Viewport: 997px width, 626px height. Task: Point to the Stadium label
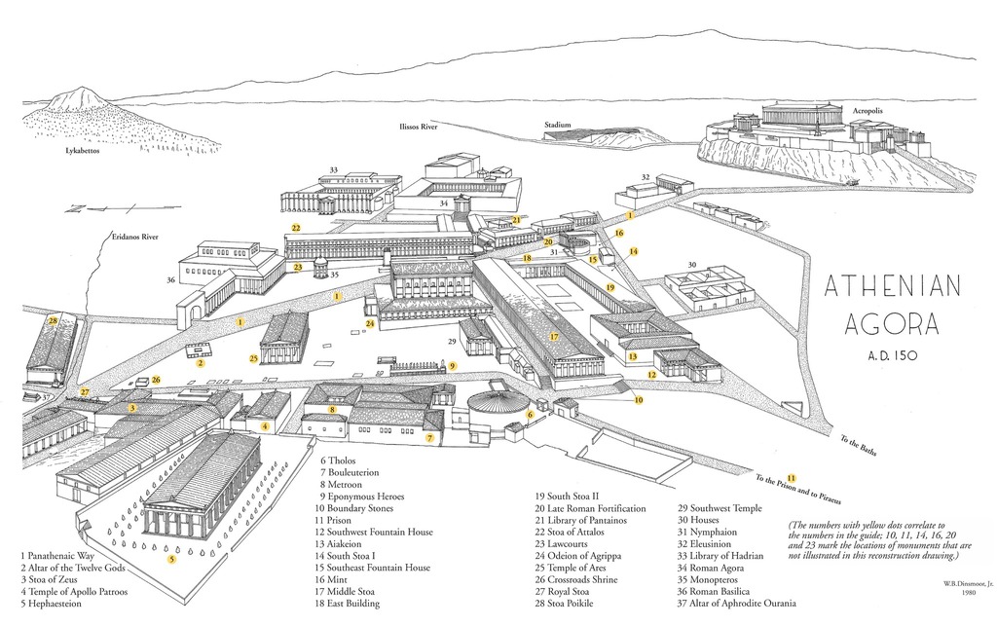[x=557, y=125]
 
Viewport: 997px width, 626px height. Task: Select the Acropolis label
[x=868, y=111]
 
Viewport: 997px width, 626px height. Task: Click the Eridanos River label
[x=135, y=237]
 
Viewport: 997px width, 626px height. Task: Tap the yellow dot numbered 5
[x=172, y=559]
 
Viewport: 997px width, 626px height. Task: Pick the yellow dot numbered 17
[x=554, y=337]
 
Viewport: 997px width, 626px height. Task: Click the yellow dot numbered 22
[x=295, y=228]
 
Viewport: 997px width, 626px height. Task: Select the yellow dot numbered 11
[x=792, y=477]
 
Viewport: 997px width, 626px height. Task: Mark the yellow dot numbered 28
[x=54, y=320]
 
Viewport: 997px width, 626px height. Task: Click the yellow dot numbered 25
[x=253, y=358]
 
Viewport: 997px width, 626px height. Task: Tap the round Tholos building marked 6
[x=499, y=402]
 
